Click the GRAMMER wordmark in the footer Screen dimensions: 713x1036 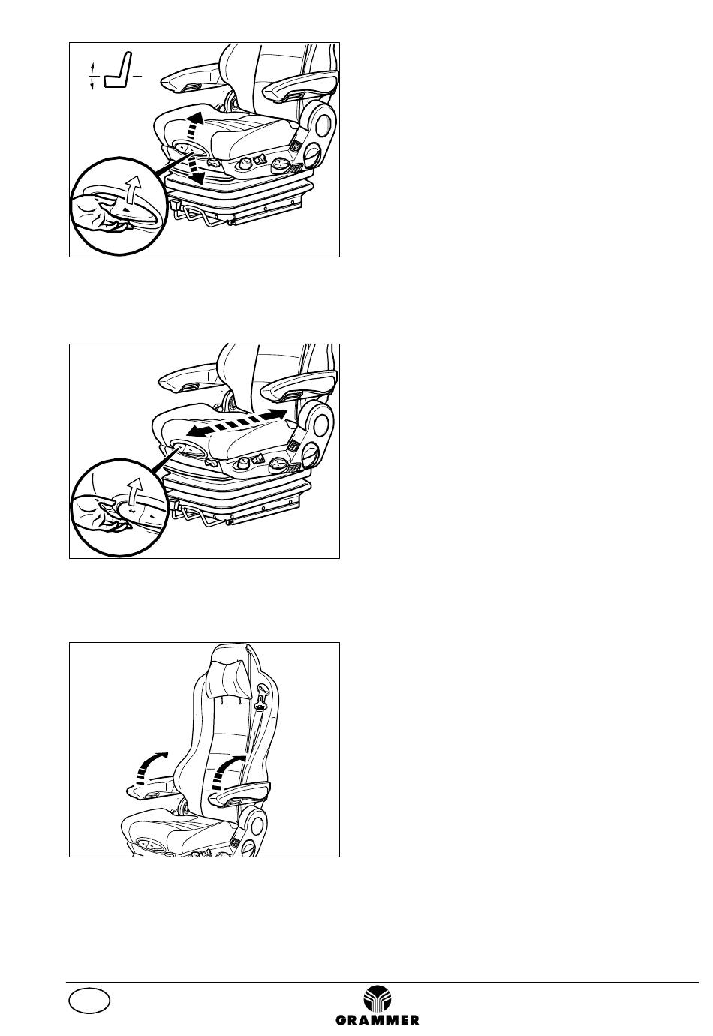377,1019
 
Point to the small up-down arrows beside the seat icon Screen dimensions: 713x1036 92,76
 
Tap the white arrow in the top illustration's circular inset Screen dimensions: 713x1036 134,189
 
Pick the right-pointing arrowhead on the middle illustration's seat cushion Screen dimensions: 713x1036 277,413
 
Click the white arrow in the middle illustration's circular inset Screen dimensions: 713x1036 134,491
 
